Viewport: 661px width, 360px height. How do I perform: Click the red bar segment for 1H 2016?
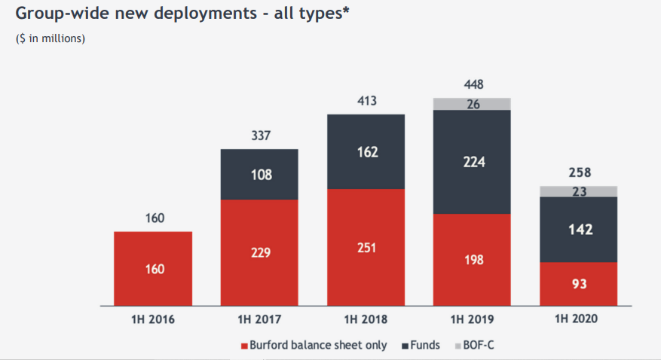[x=153, y=269]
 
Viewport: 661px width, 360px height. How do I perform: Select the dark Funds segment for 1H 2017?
[x=259, y=174]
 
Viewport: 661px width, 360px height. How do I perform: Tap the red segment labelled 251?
[x=366, y=248]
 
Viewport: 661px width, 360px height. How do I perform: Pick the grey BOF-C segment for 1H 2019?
[x=472, y=104]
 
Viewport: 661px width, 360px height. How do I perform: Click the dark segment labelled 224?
[x=472, y=162]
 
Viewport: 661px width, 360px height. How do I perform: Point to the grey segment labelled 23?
[x=578, y=191]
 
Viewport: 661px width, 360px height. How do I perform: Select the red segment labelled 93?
[x=578, y=284]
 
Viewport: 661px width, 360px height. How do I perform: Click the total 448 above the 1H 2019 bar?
[x=474, y=84]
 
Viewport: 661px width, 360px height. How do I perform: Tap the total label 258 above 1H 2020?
[x=580, y=172]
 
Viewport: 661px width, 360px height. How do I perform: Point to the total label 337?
[x=261, y=136]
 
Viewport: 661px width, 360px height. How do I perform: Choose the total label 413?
[x=367, y=101]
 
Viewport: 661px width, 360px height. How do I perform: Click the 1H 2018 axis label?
[x=366, y=319]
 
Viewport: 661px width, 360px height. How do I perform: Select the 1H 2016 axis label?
[x=153, y=319]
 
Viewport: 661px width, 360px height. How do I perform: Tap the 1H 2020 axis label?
[x=577, y=319]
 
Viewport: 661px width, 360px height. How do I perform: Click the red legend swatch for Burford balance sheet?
[x=244, y=346]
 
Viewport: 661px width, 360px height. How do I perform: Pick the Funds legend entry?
[x=421, y=346]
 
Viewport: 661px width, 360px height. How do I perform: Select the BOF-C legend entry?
[x=475, y=346]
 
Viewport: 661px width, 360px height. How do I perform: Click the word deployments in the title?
[x=205, y=14]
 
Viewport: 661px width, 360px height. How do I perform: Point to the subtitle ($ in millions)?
[x=50, y=38]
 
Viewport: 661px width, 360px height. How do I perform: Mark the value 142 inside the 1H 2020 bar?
[x=580, y=230]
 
